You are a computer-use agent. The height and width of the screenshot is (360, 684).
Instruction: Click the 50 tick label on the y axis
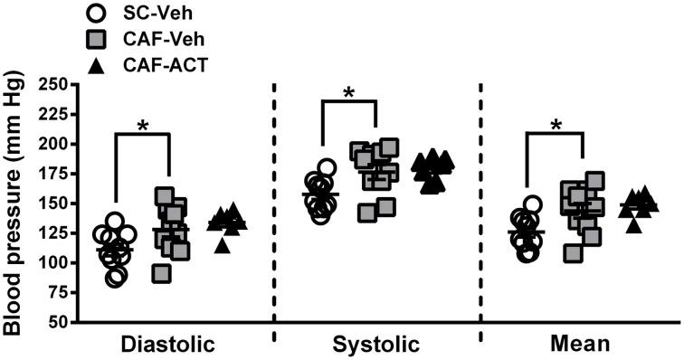pos(56,322)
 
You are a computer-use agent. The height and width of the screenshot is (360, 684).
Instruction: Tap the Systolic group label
pos(375,345)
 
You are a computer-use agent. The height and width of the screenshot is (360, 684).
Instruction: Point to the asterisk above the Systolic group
pos(348,93)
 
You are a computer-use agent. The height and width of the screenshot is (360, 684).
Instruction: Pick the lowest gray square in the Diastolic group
pos(161,274)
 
